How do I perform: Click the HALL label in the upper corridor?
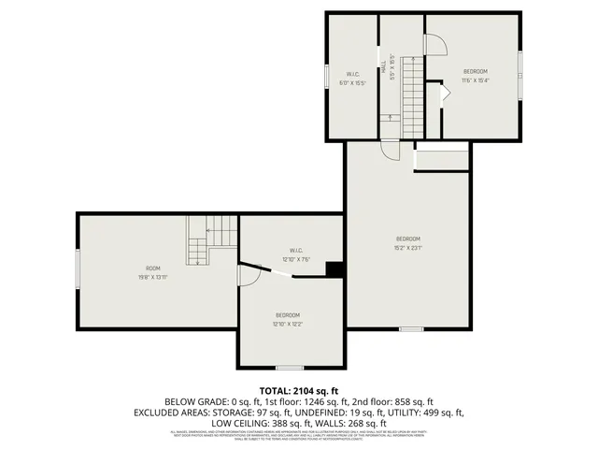pos(383,67)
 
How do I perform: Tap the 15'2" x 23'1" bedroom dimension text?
pos(408,248)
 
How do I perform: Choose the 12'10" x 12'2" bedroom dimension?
pos(287,324)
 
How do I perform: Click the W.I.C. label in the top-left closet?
pos(353,74)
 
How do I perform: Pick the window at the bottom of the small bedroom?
pos(289,368)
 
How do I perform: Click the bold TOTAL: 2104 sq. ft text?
pos(299,389)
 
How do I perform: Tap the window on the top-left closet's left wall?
pos(325,76)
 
